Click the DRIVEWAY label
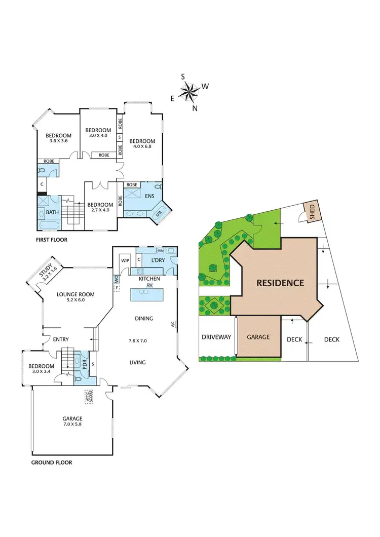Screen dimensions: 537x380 point(216,337)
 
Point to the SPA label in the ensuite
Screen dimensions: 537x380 point(160,214)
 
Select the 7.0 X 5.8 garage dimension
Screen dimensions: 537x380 point(72,424)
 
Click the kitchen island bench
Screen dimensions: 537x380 point(150,294)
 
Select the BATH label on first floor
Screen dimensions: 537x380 point(52,213)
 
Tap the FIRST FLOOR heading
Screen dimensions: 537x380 point(52,240)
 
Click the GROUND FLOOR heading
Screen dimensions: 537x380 point(52,462)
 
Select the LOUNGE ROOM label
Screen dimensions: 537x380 point(75,294)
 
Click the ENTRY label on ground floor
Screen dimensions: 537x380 point(61,339)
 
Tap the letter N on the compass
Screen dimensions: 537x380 point(195,108)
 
